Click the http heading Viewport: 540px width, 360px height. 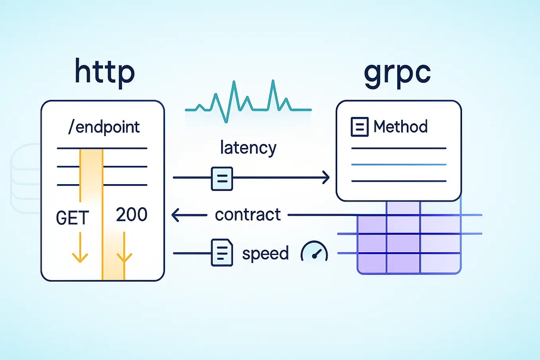pos(105,72)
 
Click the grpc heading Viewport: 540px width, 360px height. pos(397,73)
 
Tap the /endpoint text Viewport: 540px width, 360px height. pos(104,127)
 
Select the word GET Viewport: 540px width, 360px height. pos(72,218)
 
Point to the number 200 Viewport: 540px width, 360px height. pos(132,215)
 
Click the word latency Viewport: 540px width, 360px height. pos(248,148)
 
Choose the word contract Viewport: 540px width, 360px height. pos(248,215)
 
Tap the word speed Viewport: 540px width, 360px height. pos(265,253)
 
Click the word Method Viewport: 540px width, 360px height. pos(400,127)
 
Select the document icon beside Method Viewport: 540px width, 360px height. pos(359,127)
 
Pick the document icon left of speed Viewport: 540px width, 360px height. pos(222,252)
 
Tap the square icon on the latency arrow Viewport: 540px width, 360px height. pos(222,179)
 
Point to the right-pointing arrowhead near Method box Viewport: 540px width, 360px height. pos(326,177)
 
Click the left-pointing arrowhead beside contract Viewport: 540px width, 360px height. pos(176,215)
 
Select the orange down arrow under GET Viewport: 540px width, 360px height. pos(80,249)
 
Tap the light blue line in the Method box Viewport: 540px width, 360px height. pos(399,164)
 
